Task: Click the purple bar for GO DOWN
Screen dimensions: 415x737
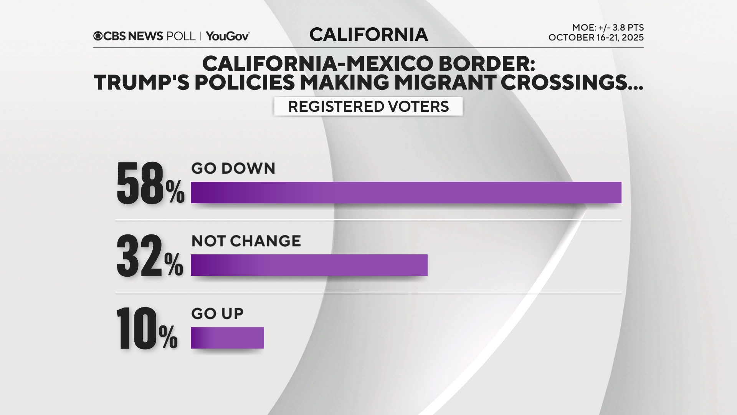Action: pyautogui.click(x=406, y=192)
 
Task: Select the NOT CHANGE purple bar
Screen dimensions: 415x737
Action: pyautogui.click(x=309, y=265)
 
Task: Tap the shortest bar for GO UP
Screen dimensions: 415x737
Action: pyautogui.click(x=227, y=337)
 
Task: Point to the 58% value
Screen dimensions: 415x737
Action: pyautogui.click(x=150, y=183)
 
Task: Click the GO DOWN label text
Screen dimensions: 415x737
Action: pyautogui.click(x=233, y=168)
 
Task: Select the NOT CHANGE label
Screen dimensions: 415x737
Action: pyautogui.click(x=246, y=241)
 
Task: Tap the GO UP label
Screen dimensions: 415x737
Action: pyautogui.click(x=217, y=314)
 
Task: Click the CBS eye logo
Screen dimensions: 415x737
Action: pyautogui.click(x=98, y=36)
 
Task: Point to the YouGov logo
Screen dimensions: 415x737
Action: pyautogui.click(x=228, y=36)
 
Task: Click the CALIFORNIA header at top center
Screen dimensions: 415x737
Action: pyautogui.click(x=368, y=35)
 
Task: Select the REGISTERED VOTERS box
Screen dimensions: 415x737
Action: pyautogui.click(x=368, y=106)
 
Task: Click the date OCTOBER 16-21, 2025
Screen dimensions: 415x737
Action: pyautogui.click(x=596, y=38)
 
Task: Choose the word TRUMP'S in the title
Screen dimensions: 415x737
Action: pyautogui.click(x=142, y=82)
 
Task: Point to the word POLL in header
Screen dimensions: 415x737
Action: pyautogui.click(x=181, y=36)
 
